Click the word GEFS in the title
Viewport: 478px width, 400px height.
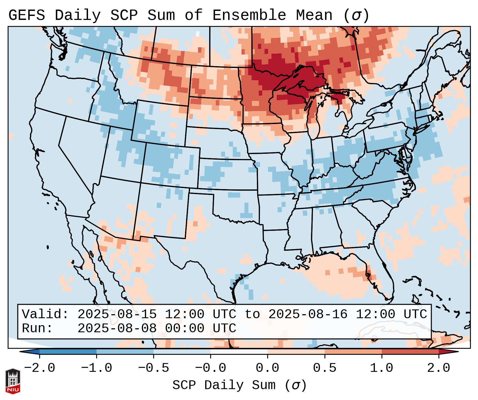[x=27, y=15]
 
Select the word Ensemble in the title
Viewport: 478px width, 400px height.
[x=249, y=15]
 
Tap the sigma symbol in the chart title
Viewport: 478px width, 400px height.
[x=356, y=15]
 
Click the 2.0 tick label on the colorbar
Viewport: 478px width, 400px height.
[x=439, y=368]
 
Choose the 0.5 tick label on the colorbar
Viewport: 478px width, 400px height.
[x=325, y=368]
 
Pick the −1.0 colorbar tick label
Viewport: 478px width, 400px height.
[x=96, y=368]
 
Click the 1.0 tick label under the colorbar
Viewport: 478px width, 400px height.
[x=382, y=368]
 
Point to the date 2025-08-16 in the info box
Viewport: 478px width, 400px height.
[x=308, y=314]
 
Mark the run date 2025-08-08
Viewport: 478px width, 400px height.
[x=117, y=328]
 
